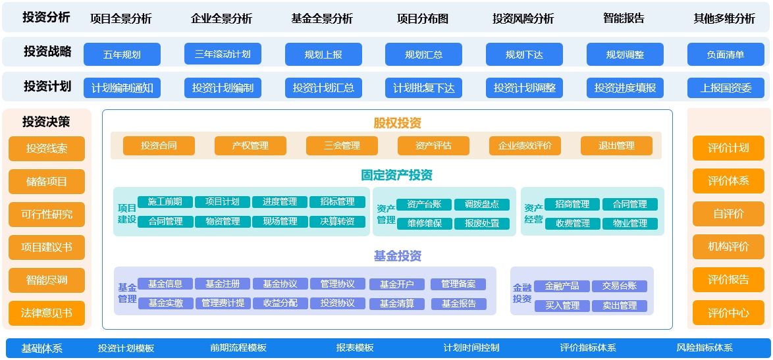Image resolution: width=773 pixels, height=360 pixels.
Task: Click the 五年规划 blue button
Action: click(122, 55)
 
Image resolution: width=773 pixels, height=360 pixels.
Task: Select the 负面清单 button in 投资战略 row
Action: click(726, 55)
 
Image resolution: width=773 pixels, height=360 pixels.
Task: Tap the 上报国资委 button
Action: click(726, 88)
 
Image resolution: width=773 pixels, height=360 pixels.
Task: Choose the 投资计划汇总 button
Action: click(323, 88)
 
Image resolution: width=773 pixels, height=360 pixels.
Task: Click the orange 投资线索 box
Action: click(47, 149)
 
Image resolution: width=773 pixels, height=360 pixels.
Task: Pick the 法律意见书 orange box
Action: click(47, 313)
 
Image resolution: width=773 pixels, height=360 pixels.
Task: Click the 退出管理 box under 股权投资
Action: click(616, 145)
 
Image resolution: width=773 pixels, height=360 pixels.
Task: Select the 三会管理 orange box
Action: click(342, 145)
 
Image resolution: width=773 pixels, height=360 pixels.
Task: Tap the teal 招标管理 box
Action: click(337, 202)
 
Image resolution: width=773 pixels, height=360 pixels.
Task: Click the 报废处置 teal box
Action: click(482, 224)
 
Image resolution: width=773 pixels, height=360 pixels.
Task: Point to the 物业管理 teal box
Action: click(629, 224)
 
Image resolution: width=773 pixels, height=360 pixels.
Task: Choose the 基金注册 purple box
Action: click(223, 284)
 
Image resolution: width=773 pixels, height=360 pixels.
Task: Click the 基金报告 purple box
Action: click(459, 304)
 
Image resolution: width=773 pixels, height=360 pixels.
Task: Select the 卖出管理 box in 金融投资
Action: click(620, 306)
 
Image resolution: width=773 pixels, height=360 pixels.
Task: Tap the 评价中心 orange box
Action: click(728, 313)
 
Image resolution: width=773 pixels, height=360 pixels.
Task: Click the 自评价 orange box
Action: click(728, 214)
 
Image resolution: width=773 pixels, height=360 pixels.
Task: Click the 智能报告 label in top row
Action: click(624, 18)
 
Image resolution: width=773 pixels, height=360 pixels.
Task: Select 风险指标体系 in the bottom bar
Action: click(705, 347)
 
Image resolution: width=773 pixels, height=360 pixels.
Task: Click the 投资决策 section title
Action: click(46, 122)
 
